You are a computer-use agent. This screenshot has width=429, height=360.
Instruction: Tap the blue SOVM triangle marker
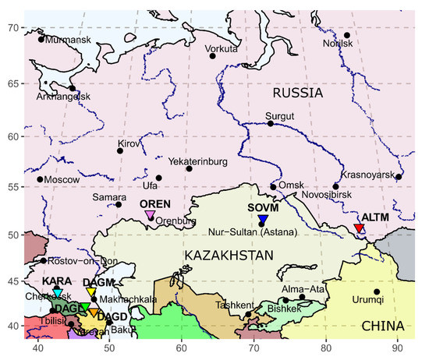click(x=262, y=220)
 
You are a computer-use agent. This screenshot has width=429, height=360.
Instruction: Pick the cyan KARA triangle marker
click(x=58, y=293)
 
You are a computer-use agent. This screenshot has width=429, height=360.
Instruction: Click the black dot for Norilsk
click(x=347, y=35)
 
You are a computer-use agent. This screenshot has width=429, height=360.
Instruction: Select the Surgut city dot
click(x=271, y=123)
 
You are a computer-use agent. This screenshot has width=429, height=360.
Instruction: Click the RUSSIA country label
click(x=296, y=93)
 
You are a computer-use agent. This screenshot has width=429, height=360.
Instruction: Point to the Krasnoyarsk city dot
click(x=399, y=177)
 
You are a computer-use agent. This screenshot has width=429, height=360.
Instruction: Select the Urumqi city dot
click(x=377, y=292)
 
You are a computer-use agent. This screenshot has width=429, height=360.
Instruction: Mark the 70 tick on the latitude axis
click(x=12, y=28)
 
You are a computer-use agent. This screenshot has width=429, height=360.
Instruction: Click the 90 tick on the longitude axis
click(x=398, y=351)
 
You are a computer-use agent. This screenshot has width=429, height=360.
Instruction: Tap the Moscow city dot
click(x=40, y=179)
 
